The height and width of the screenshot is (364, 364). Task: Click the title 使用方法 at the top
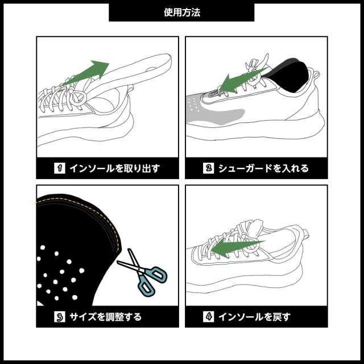181,11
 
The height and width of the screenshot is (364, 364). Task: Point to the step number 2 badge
208,168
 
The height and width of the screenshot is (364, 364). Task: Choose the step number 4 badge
208,316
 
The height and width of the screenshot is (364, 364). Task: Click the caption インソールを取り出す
114,168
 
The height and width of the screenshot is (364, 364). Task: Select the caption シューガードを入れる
263,168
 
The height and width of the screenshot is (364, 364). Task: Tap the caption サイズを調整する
106,316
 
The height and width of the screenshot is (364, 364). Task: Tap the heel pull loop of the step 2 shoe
315,74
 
